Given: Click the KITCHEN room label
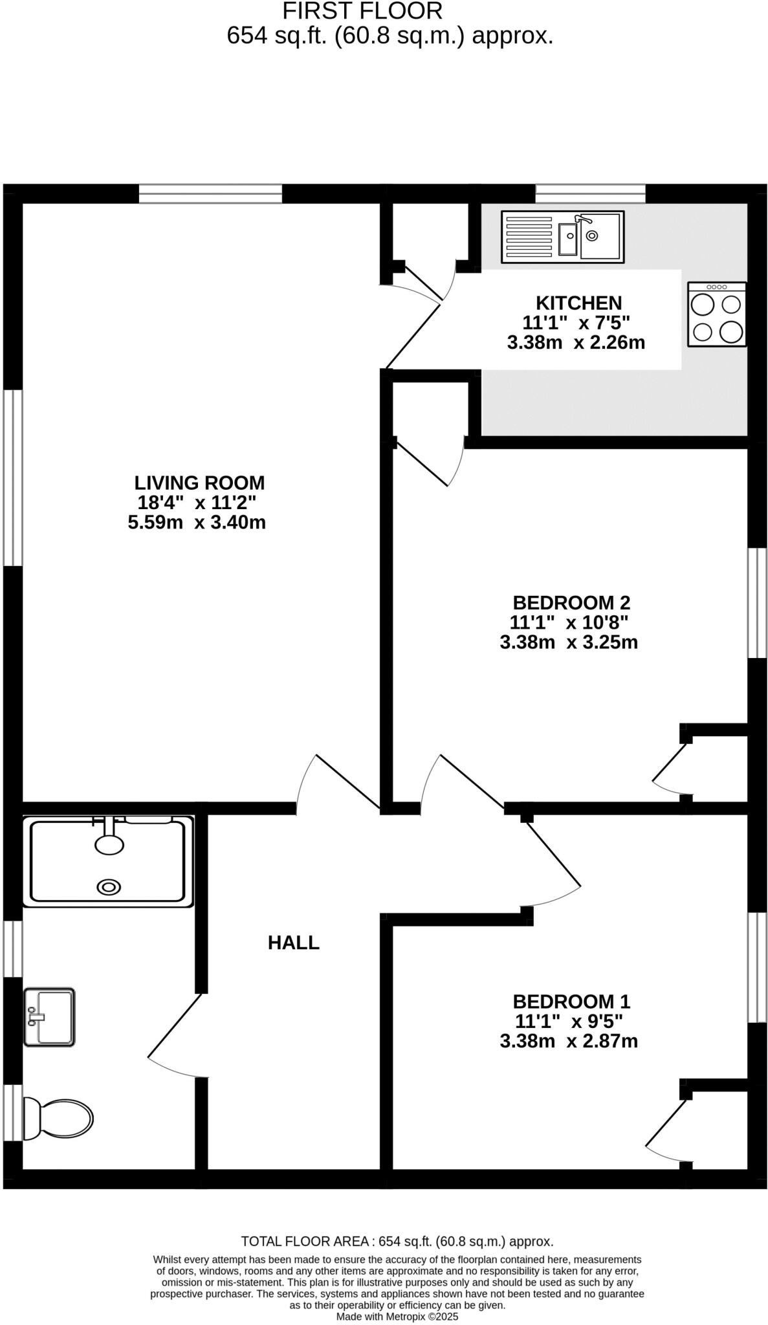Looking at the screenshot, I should pyautogui.click(x=578, y=303).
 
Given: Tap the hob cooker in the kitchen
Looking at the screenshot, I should pyautogui.click(x=717, y=314).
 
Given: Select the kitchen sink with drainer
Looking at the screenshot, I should pyautogui.click(x=562, y=237).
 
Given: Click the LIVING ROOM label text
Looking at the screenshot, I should pyautogui.click(x=199, y=483).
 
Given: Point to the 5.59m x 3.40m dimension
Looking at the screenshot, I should pyautogui.click(x=197, y=523).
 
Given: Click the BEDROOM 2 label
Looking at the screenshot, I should pyautogui.click(x=571, y=603).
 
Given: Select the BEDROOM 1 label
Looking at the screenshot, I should pyautogui.click(x=571, y=1002).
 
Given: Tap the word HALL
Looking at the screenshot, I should pyautogui.click(x=294, y=943).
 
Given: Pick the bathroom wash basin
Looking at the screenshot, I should pyautogui.click(x=49, y=1016).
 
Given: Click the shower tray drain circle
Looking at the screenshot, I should pyautogui.click(x=109, y=887).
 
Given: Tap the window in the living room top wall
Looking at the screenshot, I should pyautogui.click(x=210, y=193).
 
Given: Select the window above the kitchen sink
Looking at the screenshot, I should pyautogui.click(x=590, y=193).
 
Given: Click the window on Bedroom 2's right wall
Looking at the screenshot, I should pyautogui.click(x=757, y=603).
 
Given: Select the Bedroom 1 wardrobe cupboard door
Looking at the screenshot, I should pyautogui.click(x=666, y=1124).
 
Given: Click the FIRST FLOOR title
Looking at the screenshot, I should pyautogui.click(x=363, y=11).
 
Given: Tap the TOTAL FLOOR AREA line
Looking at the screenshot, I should pyautogui.click(x=397, y=1242).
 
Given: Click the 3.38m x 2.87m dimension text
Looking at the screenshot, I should pyautogui.click(x=569, y=1042).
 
